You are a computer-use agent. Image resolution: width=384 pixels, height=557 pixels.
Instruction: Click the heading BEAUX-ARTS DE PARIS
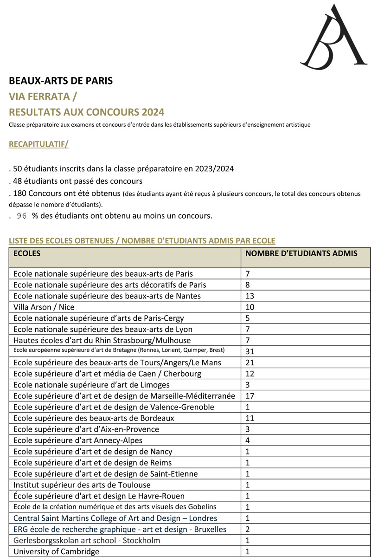61,81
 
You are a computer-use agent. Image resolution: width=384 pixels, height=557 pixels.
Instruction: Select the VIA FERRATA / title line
43,97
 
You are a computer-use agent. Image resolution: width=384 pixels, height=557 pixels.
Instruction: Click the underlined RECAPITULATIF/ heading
38,144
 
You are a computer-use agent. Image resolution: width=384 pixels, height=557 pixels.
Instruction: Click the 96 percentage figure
22,216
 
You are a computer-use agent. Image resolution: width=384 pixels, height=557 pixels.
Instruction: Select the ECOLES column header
27,253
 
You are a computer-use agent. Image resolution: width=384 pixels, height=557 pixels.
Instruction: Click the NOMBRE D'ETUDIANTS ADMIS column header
301,253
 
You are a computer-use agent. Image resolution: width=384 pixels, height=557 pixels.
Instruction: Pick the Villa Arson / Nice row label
44,307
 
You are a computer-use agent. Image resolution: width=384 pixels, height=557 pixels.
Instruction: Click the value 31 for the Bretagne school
250,351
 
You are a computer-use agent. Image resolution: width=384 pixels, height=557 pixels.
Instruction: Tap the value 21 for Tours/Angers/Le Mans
250,363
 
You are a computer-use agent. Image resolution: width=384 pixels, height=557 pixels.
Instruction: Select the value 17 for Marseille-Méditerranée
250,396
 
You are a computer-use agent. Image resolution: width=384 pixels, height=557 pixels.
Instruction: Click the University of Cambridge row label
56,552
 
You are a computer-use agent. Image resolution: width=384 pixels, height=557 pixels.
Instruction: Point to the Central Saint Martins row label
115,518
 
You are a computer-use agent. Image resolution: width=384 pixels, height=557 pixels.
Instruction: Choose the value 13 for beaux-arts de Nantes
250,296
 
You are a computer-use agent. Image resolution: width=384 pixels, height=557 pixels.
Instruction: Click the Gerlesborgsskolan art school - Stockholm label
87,540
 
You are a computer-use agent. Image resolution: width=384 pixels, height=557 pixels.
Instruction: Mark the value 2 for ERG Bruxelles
248,529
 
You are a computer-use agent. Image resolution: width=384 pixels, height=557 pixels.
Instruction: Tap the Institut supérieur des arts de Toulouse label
82,485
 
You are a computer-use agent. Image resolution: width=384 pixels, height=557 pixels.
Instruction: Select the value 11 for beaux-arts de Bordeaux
250,418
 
